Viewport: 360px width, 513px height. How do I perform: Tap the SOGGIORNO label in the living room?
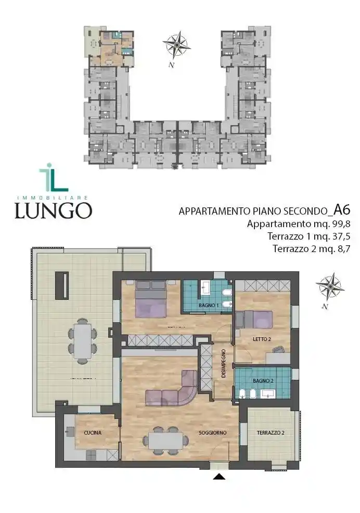212,432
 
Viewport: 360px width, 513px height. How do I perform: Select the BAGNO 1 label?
208,305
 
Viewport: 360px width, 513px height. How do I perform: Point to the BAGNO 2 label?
262,381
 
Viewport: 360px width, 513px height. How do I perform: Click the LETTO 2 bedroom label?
262,339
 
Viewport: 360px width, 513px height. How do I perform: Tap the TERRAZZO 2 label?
271,432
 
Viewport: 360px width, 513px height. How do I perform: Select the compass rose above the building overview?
177,45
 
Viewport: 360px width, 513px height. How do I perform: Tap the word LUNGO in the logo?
53,210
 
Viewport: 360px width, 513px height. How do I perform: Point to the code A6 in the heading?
342,209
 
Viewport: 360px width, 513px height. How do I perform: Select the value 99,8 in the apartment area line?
339,224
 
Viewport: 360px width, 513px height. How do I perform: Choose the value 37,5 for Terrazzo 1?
339,236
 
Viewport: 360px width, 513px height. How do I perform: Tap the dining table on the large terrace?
83,341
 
